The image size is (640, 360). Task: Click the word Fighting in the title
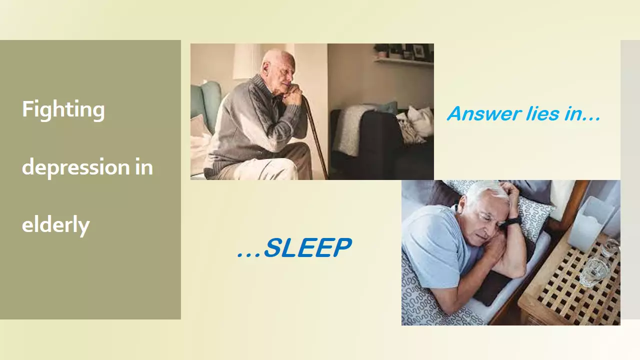pos(63,110)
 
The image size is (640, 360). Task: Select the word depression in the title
pos(76,167)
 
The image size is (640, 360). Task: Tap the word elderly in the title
pos(55,224)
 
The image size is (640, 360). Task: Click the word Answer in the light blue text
pos(484,113)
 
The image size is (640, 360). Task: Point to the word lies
pos(542,113)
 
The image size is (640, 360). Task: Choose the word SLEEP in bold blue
pos(307,247)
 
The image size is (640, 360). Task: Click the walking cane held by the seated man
pos(315,137)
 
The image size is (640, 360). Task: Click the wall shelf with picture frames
pos(404,61)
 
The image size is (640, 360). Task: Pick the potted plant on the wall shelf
pos(381,51)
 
